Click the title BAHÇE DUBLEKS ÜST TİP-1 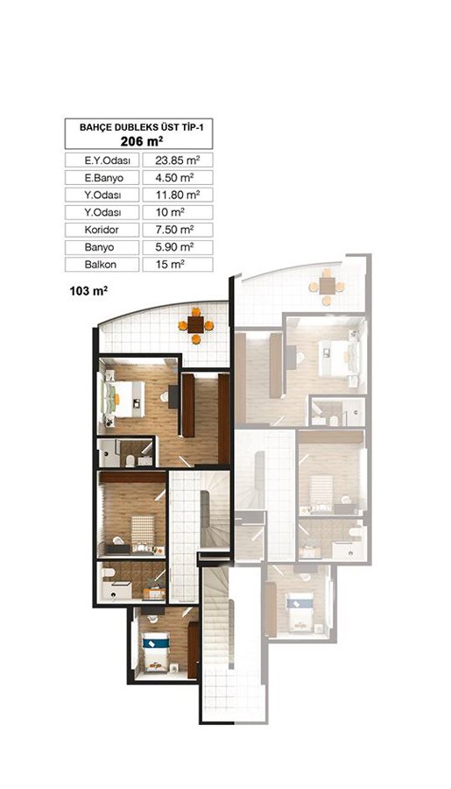[138, 127]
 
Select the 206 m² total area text [141, 140]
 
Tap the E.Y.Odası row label [102, 160]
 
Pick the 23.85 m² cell [178, 160]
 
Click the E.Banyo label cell [102, 178]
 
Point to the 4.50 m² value [174, 178]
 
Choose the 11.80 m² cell [178, 195]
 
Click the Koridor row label [102, 230]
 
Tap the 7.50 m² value [174, 230]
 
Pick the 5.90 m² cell [178, 247]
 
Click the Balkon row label [102, 265]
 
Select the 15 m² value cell [178, 265]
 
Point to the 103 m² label [88, 290]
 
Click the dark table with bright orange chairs [195, 325]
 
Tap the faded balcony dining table [327, 287]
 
